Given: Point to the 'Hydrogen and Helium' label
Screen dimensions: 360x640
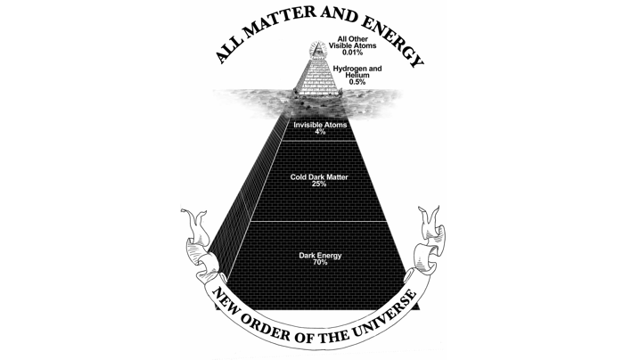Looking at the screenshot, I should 357,71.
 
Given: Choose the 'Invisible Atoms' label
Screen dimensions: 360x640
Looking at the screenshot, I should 320,125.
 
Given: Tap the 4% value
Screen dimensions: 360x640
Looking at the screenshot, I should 320,132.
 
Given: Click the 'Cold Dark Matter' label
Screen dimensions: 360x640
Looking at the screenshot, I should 320,176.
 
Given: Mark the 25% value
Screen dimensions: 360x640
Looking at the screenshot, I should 320,184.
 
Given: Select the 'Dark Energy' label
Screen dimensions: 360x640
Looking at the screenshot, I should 320,256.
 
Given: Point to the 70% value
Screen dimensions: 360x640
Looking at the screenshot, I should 320,263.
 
